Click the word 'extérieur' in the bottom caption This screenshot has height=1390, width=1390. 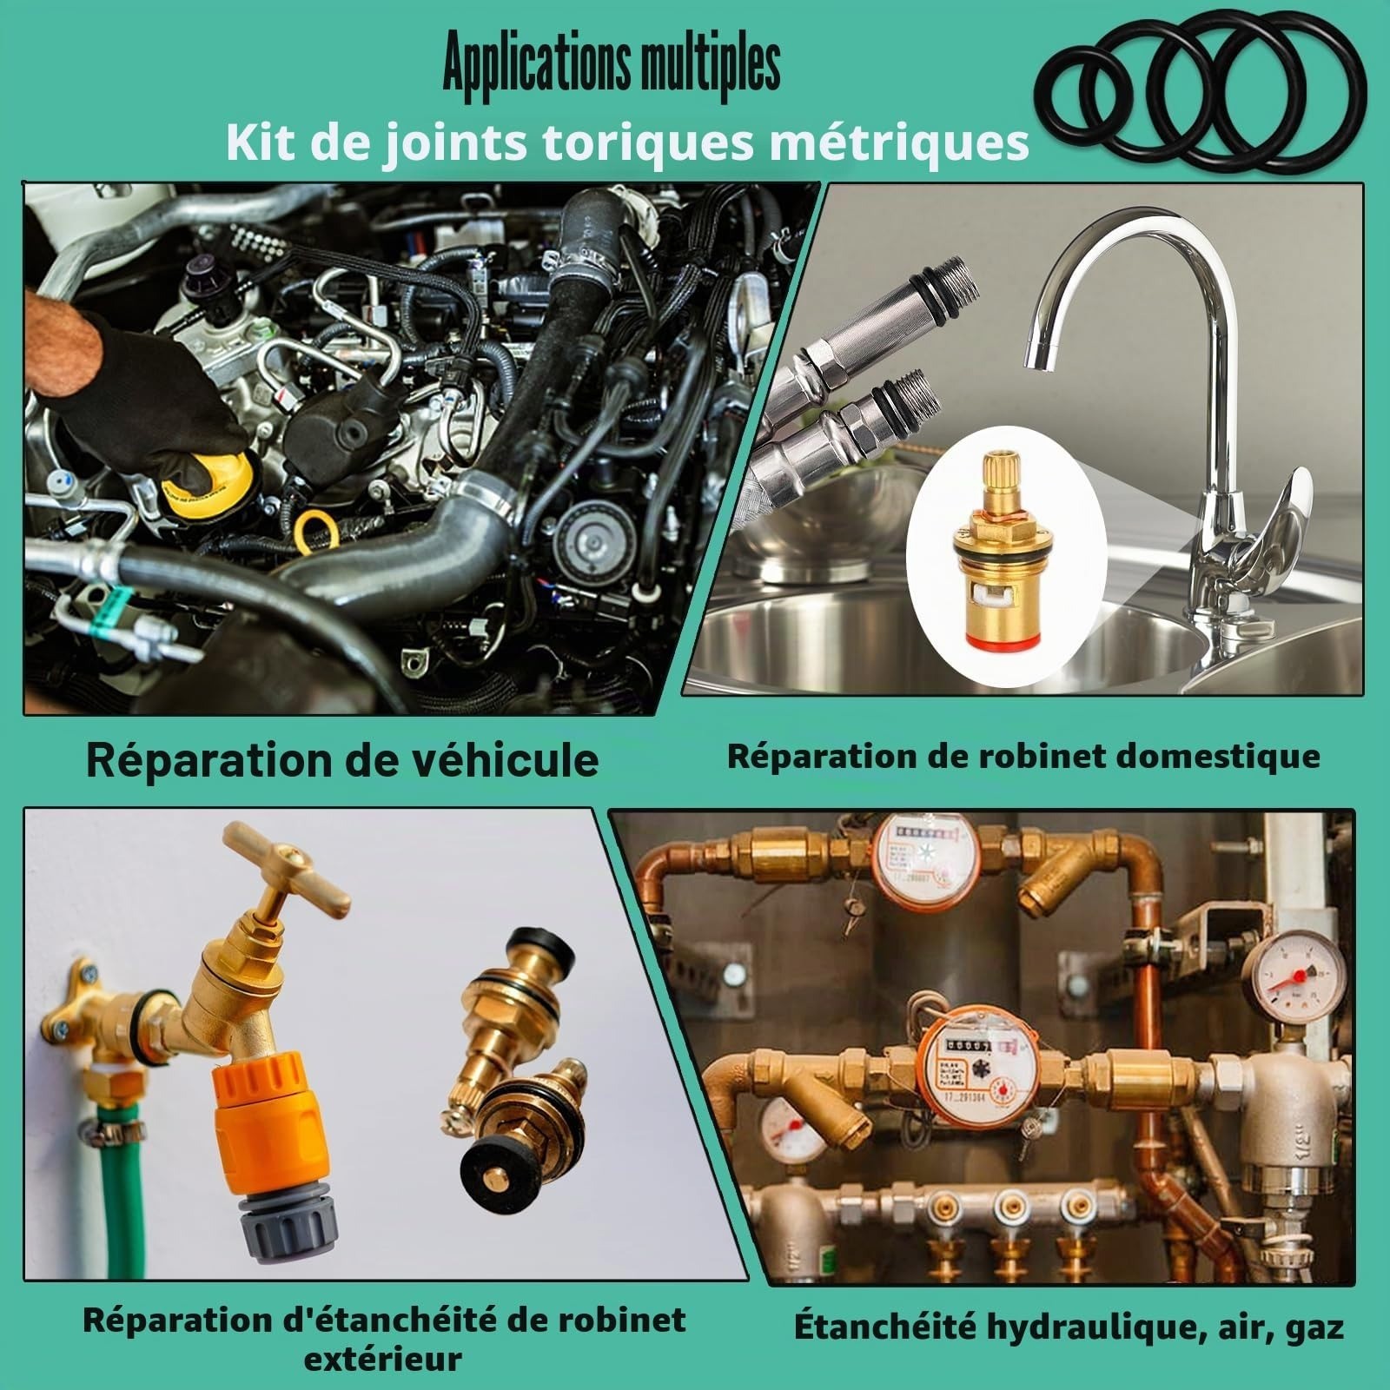coord(383,1359)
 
